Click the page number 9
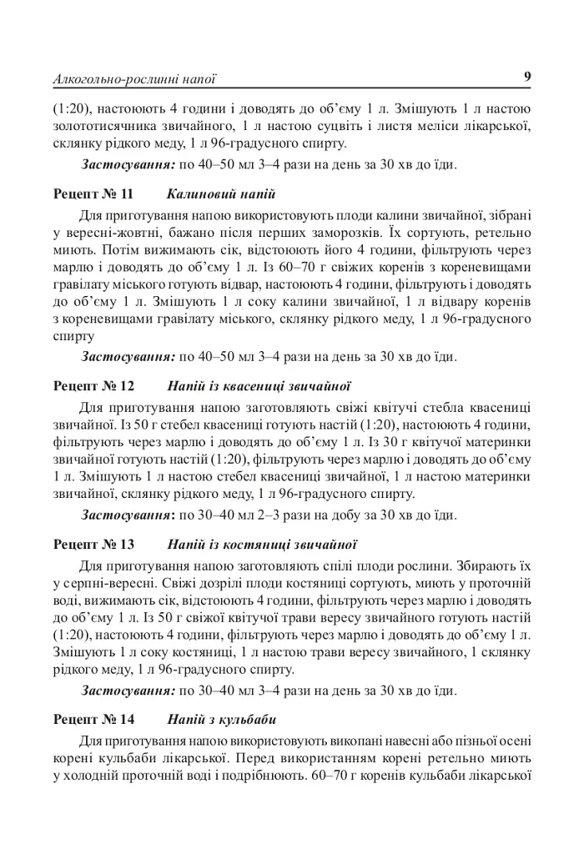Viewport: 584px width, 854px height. point(527,78)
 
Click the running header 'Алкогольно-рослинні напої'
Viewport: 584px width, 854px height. point(134,81)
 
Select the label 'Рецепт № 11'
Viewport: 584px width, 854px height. point(93,194)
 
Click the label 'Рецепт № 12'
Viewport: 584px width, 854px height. point(93,386)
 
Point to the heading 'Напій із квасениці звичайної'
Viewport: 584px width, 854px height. point(259,386)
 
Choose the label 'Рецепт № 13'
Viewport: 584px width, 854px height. point(93,545)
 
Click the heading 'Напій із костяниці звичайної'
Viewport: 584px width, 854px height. point(263,545)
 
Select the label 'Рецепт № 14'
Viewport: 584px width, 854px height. point(93,719)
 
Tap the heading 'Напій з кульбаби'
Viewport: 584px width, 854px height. point(222,719)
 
